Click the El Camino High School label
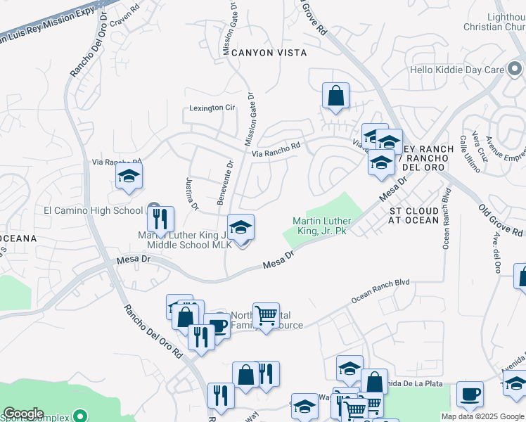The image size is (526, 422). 94,210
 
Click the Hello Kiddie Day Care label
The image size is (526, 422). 457,70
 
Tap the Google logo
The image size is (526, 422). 23,414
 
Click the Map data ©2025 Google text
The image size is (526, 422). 482,416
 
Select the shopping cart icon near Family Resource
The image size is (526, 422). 266,315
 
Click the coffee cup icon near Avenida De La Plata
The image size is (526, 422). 470,394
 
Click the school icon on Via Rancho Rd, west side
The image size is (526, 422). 129,177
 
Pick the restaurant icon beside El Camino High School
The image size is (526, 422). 161,219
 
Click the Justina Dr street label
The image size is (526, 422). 192,193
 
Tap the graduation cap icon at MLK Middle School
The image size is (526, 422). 241,227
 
